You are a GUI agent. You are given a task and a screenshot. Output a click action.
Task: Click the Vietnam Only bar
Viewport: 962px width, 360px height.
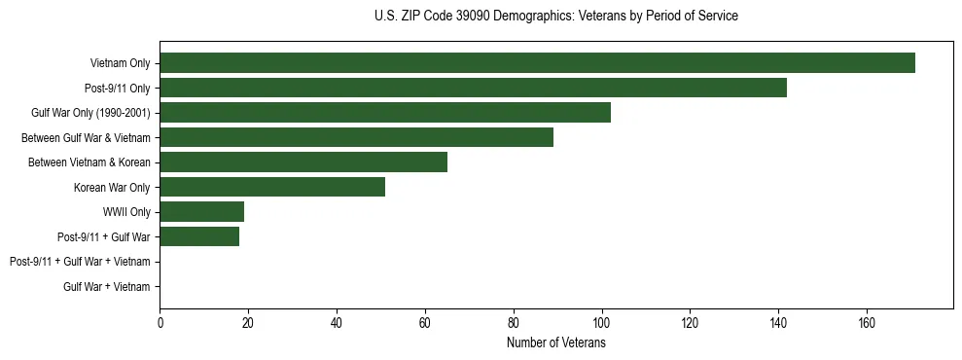tap(537, 63)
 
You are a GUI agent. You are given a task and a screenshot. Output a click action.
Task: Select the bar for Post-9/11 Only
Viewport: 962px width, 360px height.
tap(473, 88)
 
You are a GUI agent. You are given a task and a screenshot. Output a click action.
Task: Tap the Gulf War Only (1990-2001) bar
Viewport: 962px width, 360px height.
tap(385, 113)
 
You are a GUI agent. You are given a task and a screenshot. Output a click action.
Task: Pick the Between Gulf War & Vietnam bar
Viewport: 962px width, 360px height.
tap(356, 137)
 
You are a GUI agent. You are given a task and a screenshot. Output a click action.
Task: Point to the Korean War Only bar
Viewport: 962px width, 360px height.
tap(272, 187)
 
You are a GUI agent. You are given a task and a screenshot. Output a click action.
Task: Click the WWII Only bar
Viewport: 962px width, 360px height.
tap(201, 212)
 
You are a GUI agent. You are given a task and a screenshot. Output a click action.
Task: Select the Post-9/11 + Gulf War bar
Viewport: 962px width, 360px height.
tap(199, 236)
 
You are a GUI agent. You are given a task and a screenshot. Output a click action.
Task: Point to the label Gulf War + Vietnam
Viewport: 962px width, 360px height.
tap(106, 286)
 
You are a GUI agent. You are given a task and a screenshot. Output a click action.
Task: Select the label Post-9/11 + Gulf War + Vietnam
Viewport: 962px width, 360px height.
tap(80, 262)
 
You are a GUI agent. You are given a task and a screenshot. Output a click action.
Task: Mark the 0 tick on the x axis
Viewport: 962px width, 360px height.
tap(160, 323)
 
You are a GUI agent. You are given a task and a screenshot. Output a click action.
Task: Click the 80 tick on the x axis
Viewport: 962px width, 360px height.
tap(513, 323)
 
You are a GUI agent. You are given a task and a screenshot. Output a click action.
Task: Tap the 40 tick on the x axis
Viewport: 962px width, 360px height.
tap(337, 323)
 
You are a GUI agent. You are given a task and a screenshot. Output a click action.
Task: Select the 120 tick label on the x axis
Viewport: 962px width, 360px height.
tap(690, 323)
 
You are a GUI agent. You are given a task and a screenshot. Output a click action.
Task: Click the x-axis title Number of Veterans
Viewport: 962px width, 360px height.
tap(555, 342)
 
